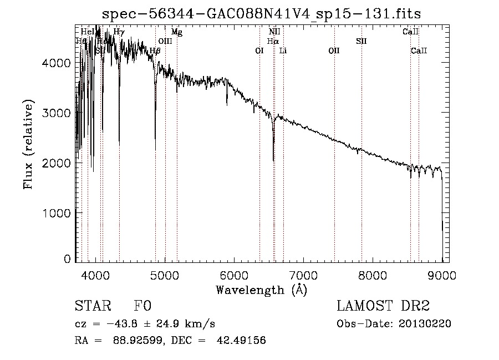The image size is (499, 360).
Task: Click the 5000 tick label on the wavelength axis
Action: tap(165, 275)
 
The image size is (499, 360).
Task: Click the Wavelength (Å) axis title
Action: tap(261, 290)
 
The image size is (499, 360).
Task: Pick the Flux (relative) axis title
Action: tap(28, 145)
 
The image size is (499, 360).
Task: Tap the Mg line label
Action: tap(176, 32)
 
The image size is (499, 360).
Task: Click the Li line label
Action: tap(283, 51)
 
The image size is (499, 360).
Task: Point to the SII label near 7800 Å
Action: tap(361, 41)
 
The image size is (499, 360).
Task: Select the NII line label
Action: tap(274, 32)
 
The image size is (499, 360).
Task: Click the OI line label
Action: tap(259, 51)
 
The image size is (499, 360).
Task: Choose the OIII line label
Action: tap(165, 41)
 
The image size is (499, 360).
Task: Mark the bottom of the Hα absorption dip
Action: tap(273, 160)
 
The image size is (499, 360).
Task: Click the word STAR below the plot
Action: tap(91, 306)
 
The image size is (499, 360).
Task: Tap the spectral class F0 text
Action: tap(142, 306)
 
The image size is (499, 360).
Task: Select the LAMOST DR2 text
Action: tap(383, 306)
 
